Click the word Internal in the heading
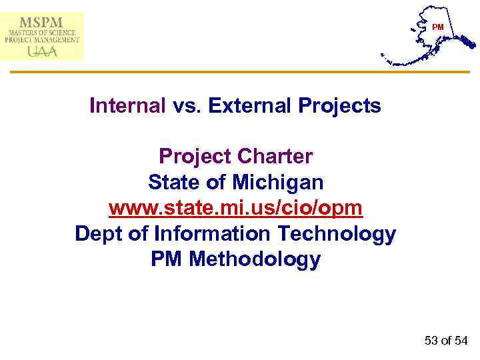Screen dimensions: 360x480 point(127,105)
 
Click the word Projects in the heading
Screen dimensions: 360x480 point(339,105)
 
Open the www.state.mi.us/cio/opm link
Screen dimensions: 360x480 point(235,208)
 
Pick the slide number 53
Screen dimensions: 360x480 point(431,341)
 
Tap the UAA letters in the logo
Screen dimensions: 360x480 point(41,51)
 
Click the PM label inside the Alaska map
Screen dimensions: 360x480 point(437,27)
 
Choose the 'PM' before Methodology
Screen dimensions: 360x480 point(167,259)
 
